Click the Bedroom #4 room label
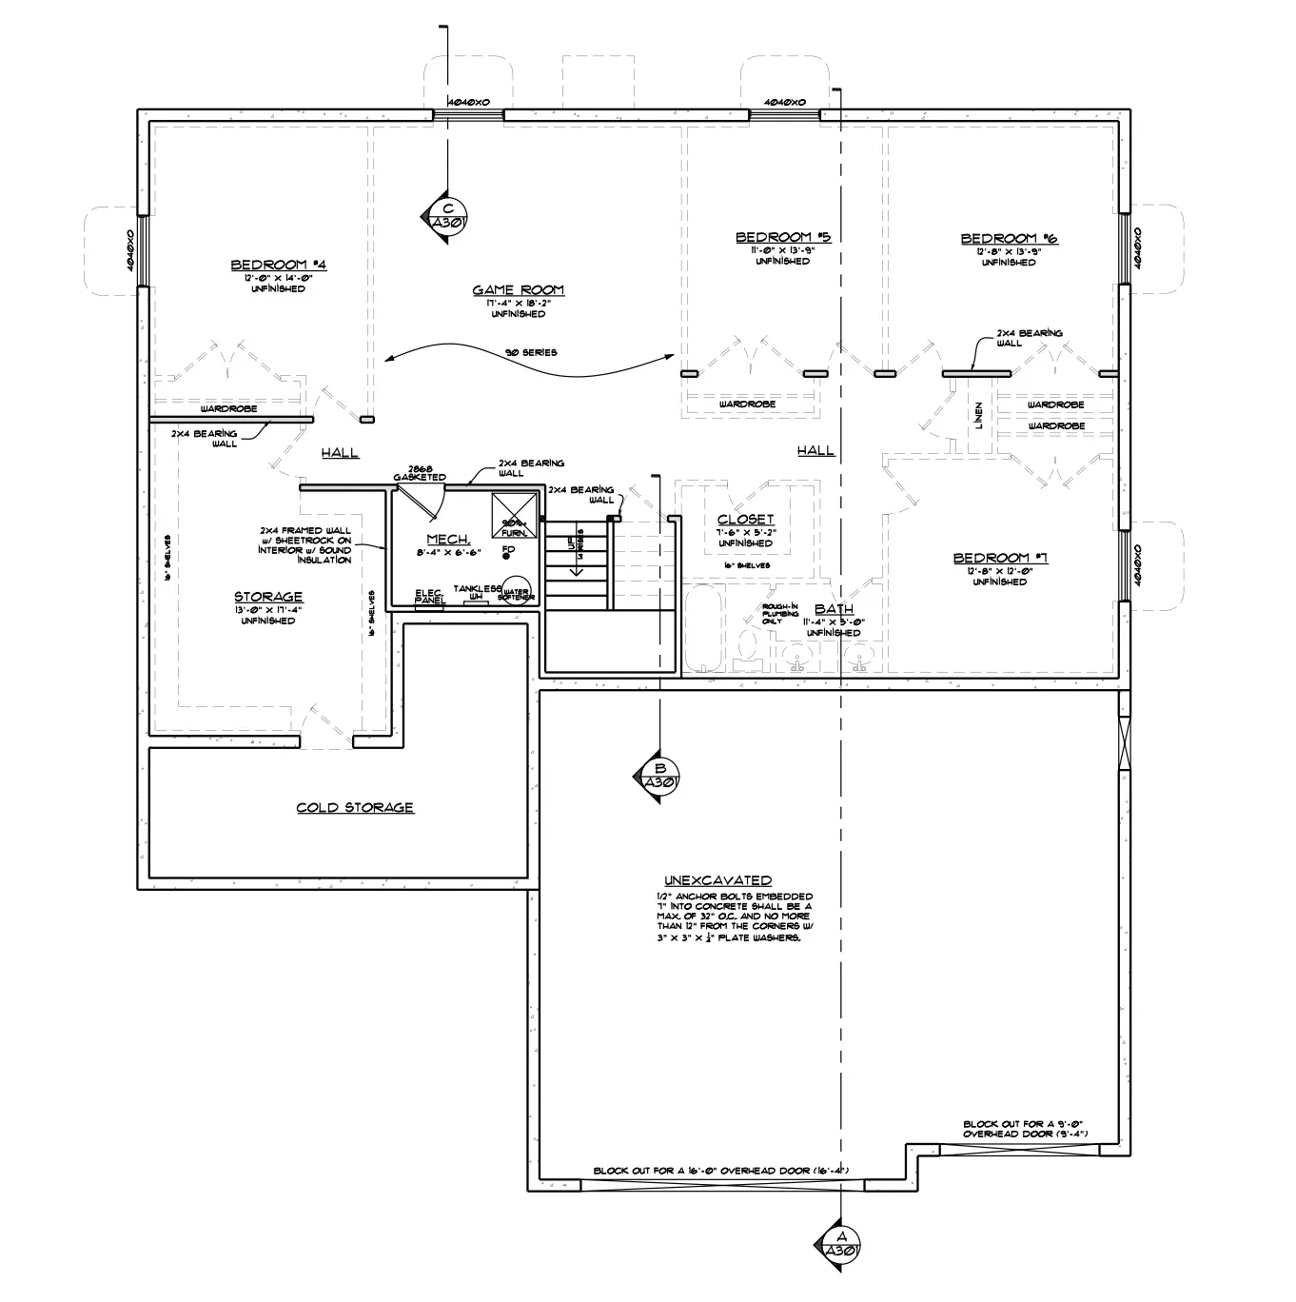tap(280, 265)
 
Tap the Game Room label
tap(519, 290)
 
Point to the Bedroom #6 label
tap(1009, 239)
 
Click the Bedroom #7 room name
tap(1000, 558)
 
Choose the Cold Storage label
tap(355, 808)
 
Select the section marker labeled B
tap(657, 776)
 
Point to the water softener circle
tap(517, 591)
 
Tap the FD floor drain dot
tap(507, 557)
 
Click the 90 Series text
tap(531, 353)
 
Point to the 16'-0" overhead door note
tap(719, 1171)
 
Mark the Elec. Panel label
tap(429, 597)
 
